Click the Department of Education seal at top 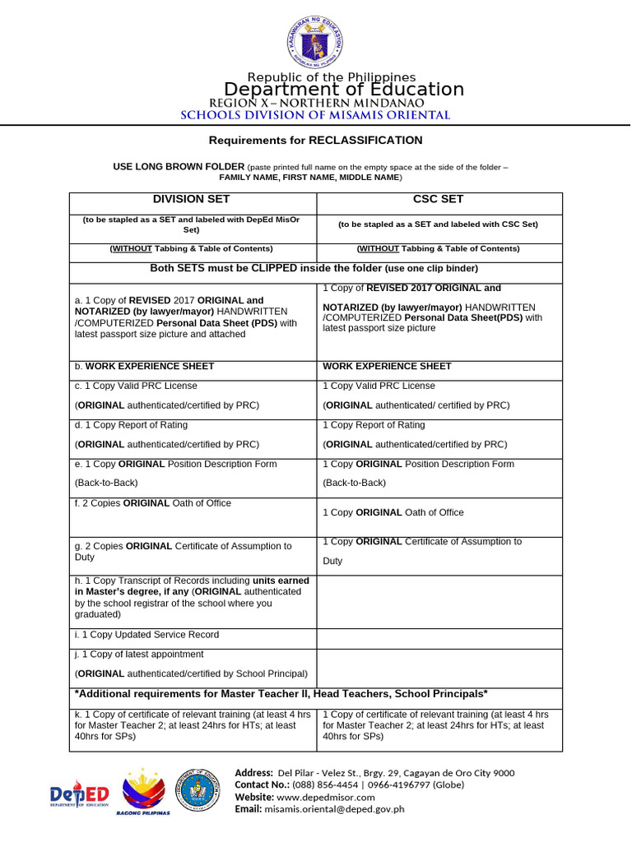click(x=315, y=41)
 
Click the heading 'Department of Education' click(x=344, y=90)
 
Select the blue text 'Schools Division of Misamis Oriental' click(x=315, y=116)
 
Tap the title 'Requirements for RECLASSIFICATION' click(x=315, y=141)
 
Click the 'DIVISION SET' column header click(x=192, y=200)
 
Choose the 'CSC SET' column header click(x=439, y=200)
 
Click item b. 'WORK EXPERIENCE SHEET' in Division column click(x=149, y=367)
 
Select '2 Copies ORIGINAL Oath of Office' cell click(x=153, y=503)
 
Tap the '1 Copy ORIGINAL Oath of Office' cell click(x=393, y=512)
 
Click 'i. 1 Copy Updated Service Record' click(x=146, y=636)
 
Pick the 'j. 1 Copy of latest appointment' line click(x=139, y=655)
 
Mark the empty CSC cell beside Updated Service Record click(x=439, y=638)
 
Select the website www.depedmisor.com click(x=325, y=797)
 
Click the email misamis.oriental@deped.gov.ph click(x=334, y=809)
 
